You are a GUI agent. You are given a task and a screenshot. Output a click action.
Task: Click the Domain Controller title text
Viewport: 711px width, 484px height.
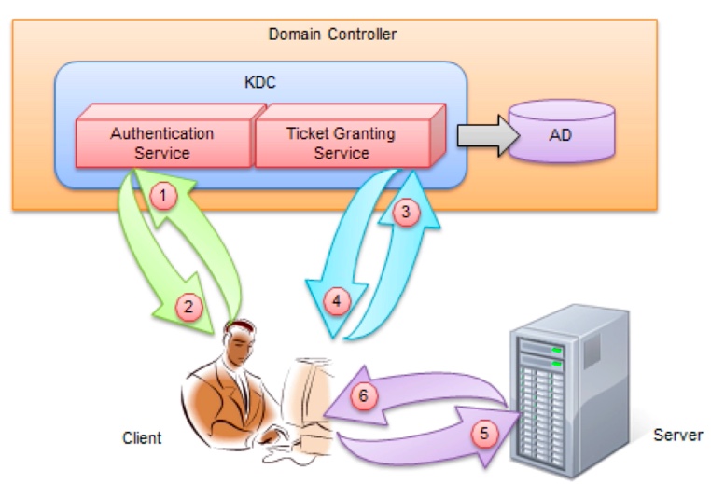pyautogui.click(x=332, y=35)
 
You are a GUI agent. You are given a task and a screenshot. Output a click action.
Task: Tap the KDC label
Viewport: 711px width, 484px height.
pyautogui.click(x=259, y=82)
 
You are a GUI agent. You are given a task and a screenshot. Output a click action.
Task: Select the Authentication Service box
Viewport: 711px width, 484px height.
pyautogui.click(x=162, y=142)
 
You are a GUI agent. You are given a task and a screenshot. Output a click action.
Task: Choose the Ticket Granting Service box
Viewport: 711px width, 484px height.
pyautogui.click(x=342, y=142)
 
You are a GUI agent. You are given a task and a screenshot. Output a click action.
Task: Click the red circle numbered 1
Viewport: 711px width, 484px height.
pyautogui.click(x=164, y=195)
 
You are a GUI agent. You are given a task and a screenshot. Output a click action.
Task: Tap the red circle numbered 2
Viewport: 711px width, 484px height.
pyautogui.click(x=188, y=304)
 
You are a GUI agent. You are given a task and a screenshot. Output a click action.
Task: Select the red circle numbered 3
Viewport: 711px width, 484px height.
pyautogui.click(x=404, y=212)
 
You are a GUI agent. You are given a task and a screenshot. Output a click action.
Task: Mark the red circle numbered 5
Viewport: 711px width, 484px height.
pyautogui.click(x=482, y=433)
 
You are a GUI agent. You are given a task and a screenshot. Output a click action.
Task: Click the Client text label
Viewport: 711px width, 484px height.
pyautogui.click(x=142, y=437)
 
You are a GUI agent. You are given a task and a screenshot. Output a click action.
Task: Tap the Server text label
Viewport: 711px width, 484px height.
pyautogui.click(x=678, y=435)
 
